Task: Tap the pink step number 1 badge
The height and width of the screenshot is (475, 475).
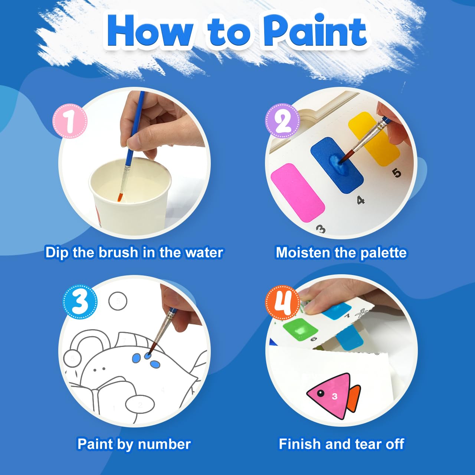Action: pyautogui.click(x=70, y=121)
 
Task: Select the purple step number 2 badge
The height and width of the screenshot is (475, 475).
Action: pyautogui.click(x=282, y=121)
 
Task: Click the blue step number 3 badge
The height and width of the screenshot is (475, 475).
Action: pyautogui.click(x=80, y=302)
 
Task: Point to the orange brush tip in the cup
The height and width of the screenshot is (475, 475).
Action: pyautogui.click(x=120, y=197)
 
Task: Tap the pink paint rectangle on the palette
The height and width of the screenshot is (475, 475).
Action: pyautogui.click(x=298, y=192)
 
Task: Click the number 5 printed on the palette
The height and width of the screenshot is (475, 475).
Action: pyautogui.click(x=396, y=173)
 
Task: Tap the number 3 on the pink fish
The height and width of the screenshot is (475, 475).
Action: pyautogui.click(x=335, y=396)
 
